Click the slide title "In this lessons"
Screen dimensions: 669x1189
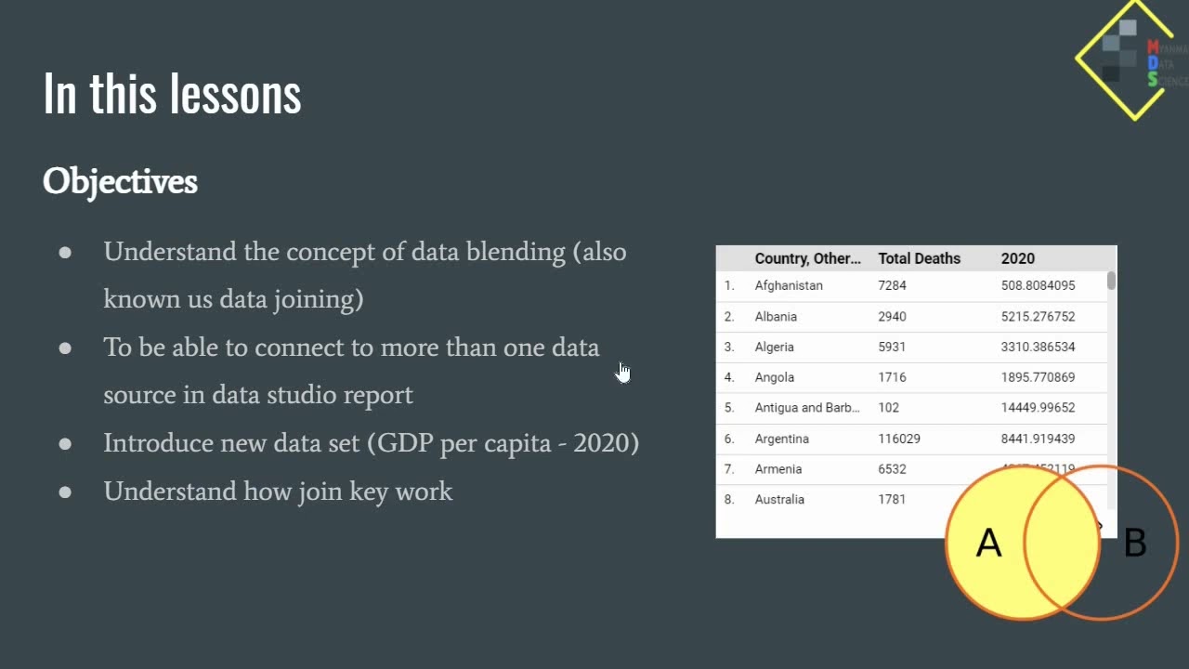coord(172,94)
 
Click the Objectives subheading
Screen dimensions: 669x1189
coord(120,181)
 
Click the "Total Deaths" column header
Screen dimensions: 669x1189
coord(919,258)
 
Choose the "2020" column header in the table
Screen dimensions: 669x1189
coord(1017,258)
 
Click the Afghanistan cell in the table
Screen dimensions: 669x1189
coord(789,285)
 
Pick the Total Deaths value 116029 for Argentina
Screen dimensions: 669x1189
coord(898,439)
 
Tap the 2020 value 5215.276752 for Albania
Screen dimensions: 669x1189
coord(1038,316)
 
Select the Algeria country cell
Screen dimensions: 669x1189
coord(774,347)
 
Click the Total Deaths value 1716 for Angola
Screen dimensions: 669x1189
coord(892,377)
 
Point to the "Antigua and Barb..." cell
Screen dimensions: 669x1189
coord(807,408)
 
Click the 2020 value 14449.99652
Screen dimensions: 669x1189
coord(1038,408)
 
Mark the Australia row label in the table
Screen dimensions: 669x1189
coord(779,500)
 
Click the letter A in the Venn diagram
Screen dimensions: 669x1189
coord(988,544)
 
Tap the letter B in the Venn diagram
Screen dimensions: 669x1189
coord(1134,544)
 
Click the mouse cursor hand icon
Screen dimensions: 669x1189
coord(622,372)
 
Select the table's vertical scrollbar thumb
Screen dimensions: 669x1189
coord(1111,281)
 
